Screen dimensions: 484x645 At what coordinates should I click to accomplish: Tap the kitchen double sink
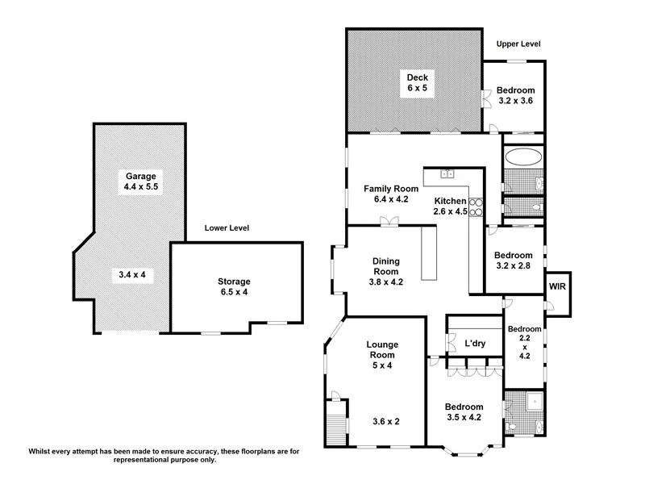click(447, 173)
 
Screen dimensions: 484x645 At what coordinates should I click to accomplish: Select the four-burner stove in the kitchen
click(476, 207)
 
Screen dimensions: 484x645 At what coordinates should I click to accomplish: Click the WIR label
click(557, 286)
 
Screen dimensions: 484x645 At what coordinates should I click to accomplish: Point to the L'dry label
click(474, 344)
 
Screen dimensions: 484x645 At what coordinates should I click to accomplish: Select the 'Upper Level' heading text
click(518, 44)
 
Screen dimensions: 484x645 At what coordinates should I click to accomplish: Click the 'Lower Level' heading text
click(227, 228)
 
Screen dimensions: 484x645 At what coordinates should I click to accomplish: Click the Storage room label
click(234, 282)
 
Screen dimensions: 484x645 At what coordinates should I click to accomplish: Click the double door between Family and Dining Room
click(390, 222)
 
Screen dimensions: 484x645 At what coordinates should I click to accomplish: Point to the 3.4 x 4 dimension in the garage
click(131, 275)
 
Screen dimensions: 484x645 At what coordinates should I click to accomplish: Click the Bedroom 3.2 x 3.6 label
click(516, 94)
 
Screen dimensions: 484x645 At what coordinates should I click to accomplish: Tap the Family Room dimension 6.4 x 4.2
click(390, 199)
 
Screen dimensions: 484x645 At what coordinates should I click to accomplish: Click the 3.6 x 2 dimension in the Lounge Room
click(386, 421)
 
